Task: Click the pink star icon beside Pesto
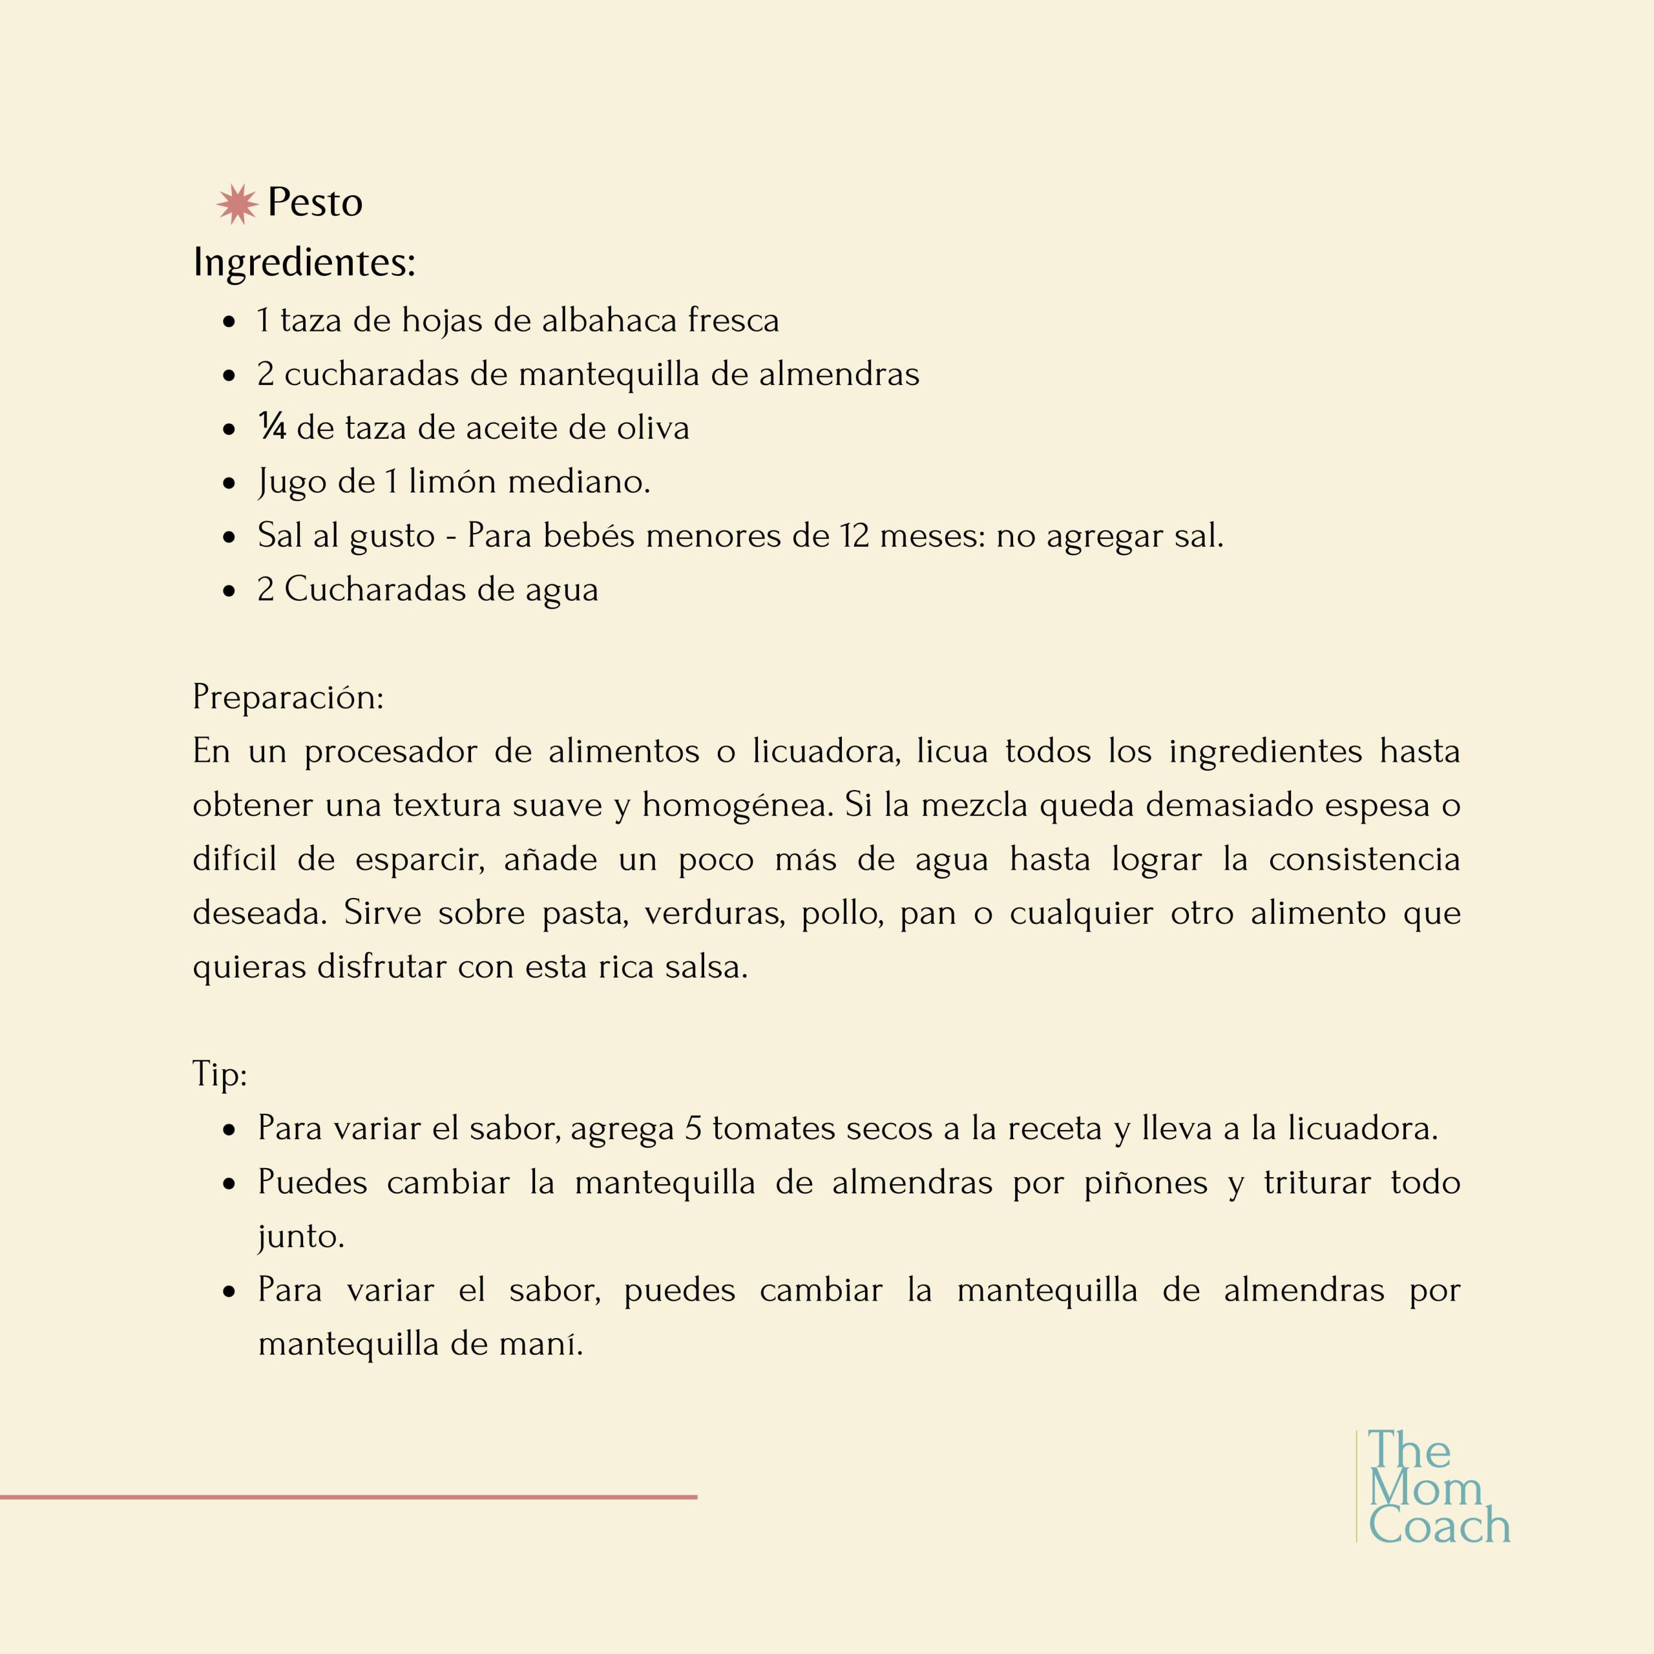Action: [x=237, y=204]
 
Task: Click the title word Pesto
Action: [x=315, y=203]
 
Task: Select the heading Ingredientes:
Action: [x=304, y=262]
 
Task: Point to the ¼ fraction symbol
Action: [x=271, y=427]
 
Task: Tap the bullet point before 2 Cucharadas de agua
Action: [x=229, y=591]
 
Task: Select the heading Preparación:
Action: [x=288, y=698]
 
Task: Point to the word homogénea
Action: [x=737, y=806]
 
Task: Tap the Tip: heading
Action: [x=219, y=1074]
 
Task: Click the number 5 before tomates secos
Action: [x=693, y=1128]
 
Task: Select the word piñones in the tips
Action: [x=1146, y=1183]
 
